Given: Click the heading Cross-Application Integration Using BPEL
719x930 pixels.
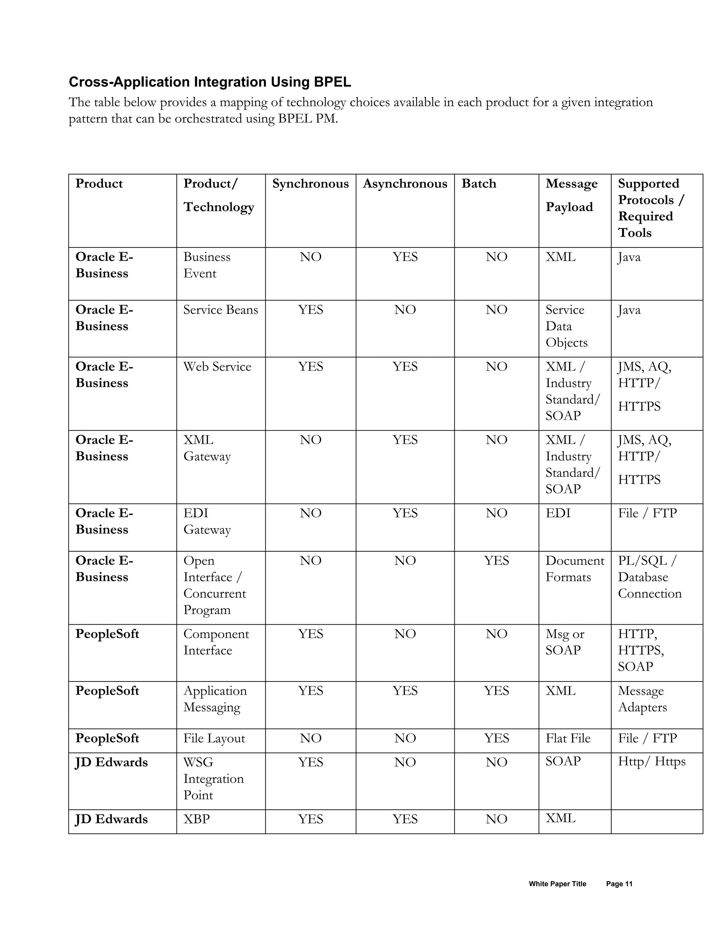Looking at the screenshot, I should pos(210,82).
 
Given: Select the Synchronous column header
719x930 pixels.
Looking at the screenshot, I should pos(310,184).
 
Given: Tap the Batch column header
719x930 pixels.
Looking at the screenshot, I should pos(479,184).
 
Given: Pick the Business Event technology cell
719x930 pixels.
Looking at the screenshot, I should pos(206,265).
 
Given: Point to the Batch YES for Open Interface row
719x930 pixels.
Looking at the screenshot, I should pos(496,560).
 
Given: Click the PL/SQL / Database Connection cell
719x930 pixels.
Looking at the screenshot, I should pos(649,577).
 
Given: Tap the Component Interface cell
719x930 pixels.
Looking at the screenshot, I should pos(216,642).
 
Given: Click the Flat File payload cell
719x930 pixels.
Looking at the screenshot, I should pos(568,738).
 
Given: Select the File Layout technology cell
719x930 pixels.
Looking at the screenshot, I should pos(214,738).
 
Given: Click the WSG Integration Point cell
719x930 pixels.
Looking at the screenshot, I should pos(213,778).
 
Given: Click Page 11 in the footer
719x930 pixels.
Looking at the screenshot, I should pos(619,884).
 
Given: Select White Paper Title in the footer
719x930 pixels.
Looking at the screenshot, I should pos(557,884).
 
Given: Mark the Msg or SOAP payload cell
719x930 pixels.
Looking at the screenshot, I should pos(565,642).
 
